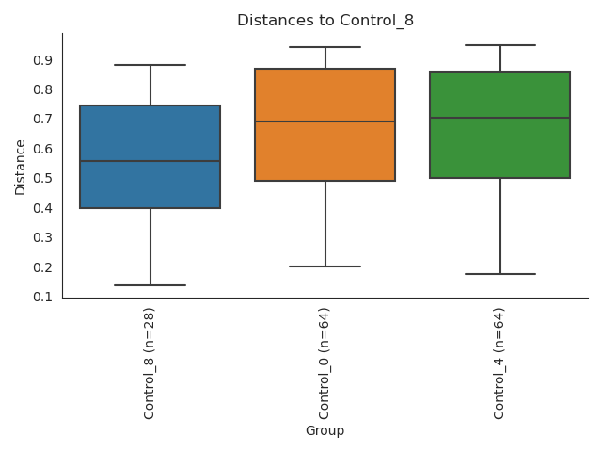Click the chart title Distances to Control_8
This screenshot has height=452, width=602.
pyautogui.click(x=325, y=21)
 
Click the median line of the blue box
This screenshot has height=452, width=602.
pyautogui.click(x=150, y=161)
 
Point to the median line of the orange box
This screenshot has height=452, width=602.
pyautogui.click(x=325, y=121)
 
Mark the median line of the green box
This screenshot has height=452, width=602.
pyautogui.click(x=499, y=118)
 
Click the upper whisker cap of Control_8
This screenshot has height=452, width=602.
pyautogui.click(x=150, y=65)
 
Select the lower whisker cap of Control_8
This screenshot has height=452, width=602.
pyautogui.click(x=150, y=285)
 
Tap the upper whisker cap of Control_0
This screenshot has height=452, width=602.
pyautogui.click(x=325, y=47)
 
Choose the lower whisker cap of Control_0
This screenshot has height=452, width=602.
pyautogui.click(x=325, y=266)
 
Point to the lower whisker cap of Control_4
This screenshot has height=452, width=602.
pyautogui.click(x=499, y=274)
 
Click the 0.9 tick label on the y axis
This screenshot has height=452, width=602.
pyautogui.click(x=42, y=60)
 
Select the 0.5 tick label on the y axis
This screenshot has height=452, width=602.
pyautogui.click(x=42, y=179)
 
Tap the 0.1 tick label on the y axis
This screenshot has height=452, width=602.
pyautogui.click(x=42, y=297)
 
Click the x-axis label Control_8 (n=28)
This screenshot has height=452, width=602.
pyautogui.click(x=150, y=363)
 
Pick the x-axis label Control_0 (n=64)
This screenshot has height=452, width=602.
pyautogui.click(x=325, y=363)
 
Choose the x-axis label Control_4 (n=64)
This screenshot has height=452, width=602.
pyautogui.click(x=499, y=363)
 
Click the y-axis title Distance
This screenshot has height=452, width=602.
pyautogui.click(x=21, y=167)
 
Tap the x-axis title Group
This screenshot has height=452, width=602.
pyautogui.click(x=325, y=431)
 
